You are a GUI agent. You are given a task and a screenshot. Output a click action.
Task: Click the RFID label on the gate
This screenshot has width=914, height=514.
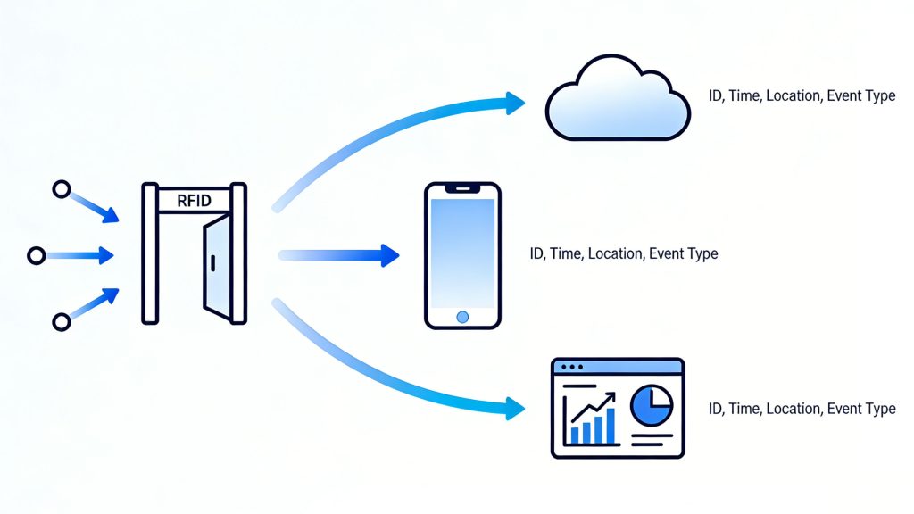tap(194, 201)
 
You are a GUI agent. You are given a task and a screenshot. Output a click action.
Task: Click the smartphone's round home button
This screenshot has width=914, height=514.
tap(462, 317)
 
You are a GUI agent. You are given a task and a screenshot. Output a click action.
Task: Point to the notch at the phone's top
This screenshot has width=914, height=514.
tap(462, 189)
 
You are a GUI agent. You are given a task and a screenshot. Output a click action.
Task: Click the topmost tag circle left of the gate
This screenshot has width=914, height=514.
tap(61, 189)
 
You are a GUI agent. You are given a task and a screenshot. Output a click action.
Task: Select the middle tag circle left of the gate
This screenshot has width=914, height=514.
tap(37, 256)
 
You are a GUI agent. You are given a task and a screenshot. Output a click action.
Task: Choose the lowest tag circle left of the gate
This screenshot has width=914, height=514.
tap(61, 321)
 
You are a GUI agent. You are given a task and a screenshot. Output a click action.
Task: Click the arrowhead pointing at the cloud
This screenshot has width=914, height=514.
tap(515, 103)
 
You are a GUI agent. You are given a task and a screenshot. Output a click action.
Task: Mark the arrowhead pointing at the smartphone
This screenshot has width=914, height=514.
tap(388, 255)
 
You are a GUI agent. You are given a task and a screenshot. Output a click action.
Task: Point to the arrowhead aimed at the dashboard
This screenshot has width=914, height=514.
tap(515, 410)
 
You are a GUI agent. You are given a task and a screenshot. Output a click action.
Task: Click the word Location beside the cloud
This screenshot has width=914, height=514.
tap(793, 95)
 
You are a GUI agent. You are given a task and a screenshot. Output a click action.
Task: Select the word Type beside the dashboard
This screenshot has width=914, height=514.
tap(878, 409)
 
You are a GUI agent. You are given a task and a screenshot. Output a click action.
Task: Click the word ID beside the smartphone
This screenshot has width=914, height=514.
tap(537, 253)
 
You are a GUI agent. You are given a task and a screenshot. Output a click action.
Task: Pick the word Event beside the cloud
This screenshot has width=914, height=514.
tap(843, 95)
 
